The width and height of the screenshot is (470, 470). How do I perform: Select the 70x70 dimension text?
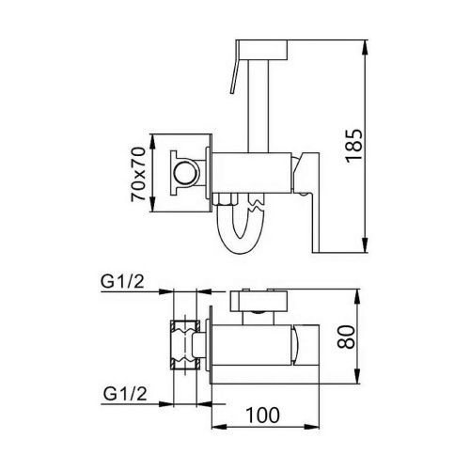[x=138, y=172]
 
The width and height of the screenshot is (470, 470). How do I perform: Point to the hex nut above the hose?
[x=227, y=200]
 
